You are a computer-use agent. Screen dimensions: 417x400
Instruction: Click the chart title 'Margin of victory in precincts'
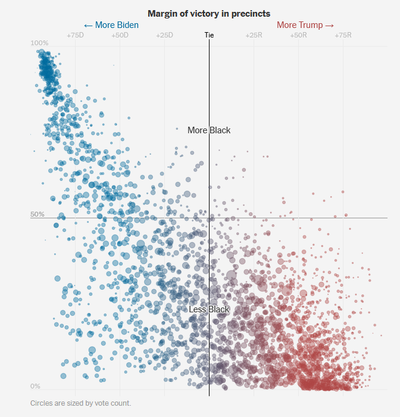coord(209,13)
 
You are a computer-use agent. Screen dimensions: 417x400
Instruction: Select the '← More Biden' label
coord(111,25)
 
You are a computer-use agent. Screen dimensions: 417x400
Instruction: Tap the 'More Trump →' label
coord(305,25)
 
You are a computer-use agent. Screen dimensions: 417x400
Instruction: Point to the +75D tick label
coord(75,36)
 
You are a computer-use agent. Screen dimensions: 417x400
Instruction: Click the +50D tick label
coord(120,36)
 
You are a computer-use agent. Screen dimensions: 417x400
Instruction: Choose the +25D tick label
coord(164,36)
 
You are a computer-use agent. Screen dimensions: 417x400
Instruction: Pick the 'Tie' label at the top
coord(209,35)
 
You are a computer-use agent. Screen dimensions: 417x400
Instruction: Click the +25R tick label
coord(254,36)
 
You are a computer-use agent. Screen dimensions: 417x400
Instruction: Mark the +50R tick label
coord(298,36)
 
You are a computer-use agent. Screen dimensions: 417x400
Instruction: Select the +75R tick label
coord(343,36)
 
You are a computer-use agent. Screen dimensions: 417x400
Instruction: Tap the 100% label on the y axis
coord(39,43)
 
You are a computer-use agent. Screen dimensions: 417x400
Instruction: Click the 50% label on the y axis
coord(37,214)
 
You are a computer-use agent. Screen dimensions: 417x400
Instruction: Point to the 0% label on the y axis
coord(36,386)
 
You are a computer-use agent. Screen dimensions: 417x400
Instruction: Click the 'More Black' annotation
coord(209,130)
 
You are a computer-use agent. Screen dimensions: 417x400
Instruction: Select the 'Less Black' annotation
coord(209,309)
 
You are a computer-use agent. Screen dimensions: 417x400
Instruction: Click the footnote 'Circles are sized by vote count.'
coord(80,403)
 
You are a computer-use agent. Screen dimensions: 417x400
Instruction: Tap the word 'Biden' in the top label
coord(126,25)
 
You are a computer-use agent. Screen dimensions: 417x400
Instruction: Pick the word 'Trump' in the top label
coord(310,25)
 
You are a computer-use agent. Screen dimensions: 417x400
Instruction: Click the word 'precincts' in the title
coord(251,13)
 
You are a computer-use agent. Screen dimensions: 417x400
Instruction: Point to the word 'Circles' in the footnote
coord(42,403)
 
